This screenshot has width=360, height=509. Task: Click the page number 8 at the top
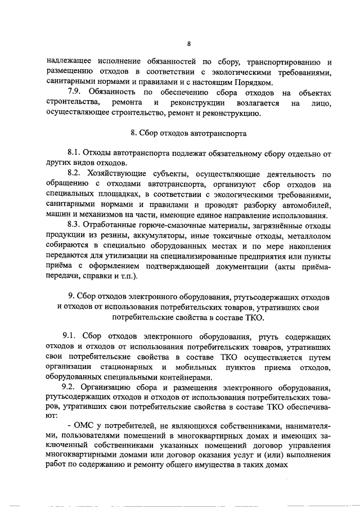click(190, 44)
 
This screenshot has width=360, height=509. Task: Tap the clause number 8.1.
click(74, 153)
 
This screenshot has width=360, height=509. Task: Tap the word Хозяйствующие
click(119, 174)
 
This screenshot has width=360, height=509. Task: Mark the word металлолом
click(307, 235)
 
